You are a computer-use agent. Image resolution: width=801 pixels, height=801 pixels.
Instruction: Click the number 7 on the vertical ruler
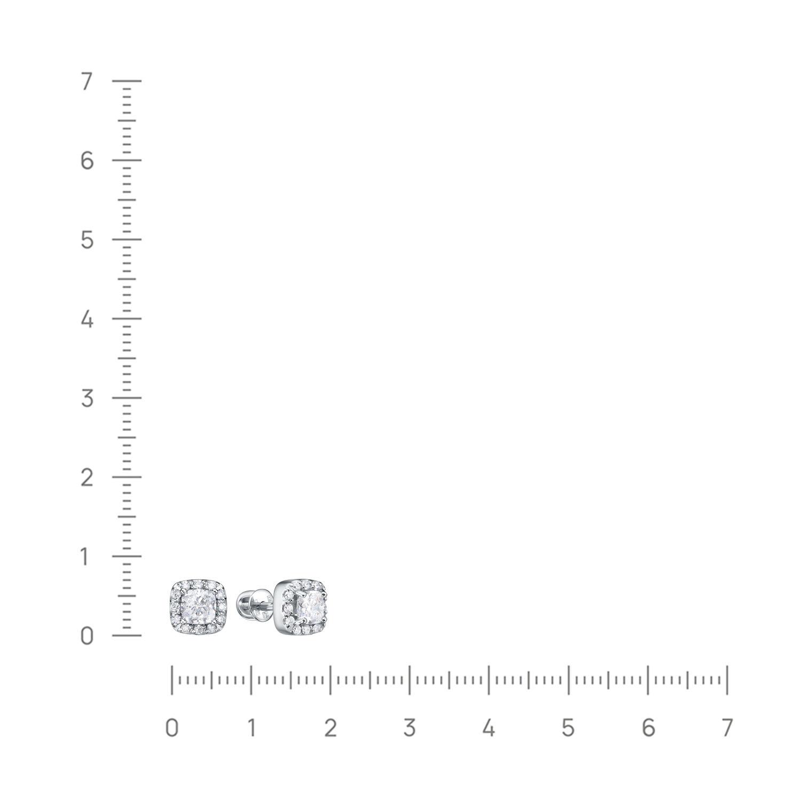point(87,81)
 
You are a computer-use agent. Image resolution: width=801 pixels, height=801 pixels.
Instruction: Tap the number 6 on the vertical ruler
point(87,160)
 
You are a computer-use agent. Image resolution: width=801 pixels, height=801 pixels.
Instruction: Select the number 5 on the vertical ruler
point(87,240)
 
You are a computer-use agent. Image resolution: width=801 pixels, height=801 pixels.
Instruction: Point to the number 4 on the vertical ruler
point(87,319)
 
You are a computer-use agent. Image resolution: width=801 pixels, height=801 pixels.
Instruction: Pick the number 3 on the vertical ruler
point(87,398)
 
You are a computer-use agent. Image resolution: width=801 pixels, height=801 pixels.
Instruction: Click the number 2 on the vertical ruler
point(87,477)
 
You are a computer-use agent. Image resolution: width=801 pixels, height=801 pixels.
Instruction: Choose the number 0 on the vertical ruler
point(87,635)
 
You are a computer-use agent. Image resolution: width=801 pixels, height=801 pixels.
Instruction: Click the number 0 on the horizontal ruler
point(171,727)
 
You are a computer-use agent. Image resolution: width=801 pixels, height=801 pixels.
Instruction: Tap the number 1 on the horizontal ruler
point(251,727)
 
